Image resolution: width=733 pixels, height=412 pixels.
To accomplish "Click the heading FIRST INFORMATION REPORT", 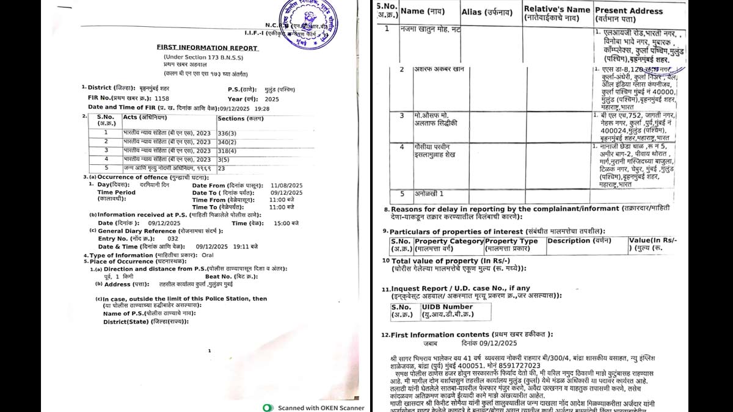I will point(207,48).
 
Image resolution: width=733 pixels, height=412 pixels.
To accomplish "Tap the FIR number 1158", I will point(162,98).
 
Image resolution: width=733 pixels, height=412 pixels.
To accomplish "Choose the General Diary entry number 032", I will point(173,239).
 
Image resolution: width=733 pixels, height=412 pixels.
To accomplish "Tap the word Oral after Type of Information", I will point(208,255).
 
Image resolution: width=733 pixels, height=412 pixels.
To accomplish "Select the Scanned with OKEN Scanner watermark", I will point(314,408).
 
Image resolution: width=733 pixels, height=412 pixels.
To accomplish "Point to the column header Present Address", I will point(629,11).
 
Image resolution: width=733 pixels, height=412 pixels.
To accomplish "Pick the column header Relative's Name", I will point(557,9).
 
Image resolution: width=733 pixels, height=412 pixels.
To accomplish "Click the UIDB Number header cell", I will point(450,307).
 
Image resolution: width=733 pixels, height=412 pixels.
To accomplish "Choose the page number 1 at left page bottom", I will point(209,351).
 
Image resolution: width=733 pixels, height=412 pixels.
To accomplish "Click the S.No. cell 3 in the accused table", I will point(402,115).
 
